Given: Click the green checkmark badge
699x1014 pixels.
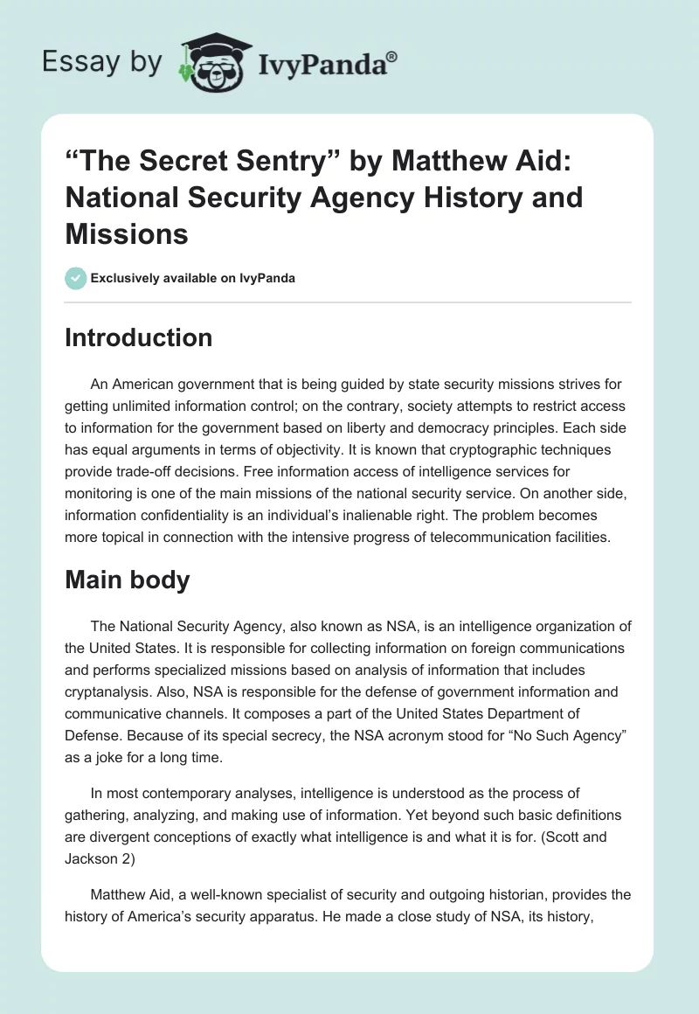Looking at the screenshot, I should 75,278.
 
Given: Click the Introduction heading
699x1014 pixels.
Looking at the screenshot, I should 138,337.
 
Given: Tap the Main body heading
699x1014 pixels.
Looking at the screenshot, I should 127,580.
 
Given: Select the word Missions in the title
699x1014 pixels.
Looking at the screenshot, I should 126,234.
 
